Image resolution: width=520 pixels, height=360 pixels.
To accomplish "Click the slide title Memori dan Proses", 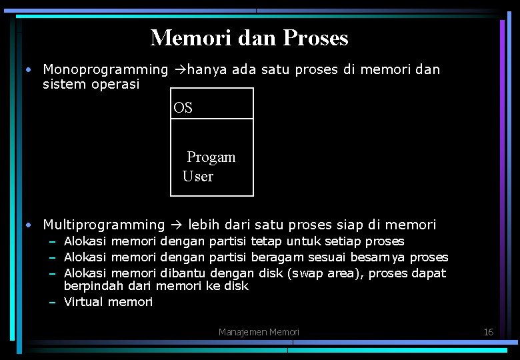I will tap(249, 38).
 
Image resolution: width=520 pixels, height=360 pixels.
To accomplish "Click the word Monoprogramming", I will tap(105, 69).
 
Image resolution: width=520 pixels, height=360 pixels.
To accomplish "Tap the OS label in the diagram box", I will tap(183, 108).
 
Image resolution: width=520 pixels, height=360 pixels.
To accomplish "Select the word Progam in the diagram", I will tap(211, 157).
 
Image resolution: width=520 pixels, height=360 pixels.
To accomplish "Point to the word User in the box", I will tap(198, 177).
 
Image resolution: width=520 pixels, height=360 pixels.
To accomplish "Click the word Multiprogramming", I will tap(103, 225).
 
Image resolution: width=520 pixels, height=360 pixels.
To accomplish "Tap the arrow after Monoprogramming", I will tap(180, 69).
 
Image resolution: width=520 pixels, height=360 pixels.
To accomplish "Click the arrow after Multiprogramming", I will tap(177, 225).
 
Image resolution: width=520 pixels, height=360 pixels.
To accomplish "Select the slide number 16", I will tap(488, 332).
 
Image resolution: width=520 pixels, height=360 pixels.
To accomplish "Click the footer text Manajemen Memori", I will tap(259, 332).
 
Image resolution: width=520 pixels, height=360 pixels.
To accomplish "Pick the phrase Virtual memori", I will tap(108, 302).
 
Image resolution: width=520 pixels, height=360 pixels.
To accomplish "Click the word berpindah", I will tap(89, 286).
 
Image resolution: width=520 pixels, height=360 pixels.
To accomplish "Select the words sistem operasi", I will tap(91, 85).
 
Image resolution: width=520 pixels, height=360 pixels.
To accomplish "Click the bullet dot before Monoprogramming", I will tap(29, 69).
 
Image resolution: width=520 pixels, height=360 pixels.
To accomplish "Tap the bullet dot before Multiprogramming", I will tap(29, 225).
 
